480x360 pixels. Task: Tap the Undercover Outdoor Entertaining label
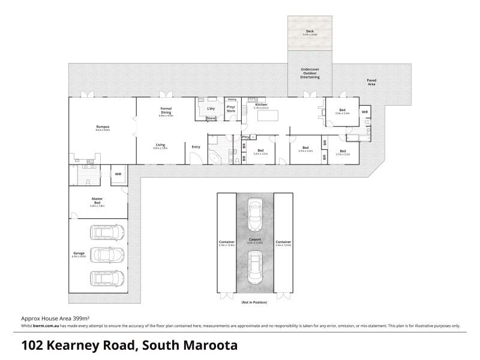(x=310, y=73)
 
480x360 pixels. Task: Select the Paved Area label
(x=371, y=82)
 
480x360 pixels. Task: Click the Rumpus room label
(x=103, y=127)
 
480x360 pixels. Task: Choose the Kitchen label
(x=261, y=105)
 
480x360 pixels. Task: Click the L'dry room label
(x=211, y=109)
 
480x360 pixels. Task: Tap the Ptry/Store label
(x=231, y=109)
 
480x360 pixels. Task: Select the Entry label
(x=196, y=147)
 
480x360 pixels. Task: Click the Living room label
(x=160, y=145)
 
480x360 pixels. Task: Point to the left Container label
(x=226, y=242)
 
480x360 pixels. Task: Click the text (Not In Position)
(x=254, y=302)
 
